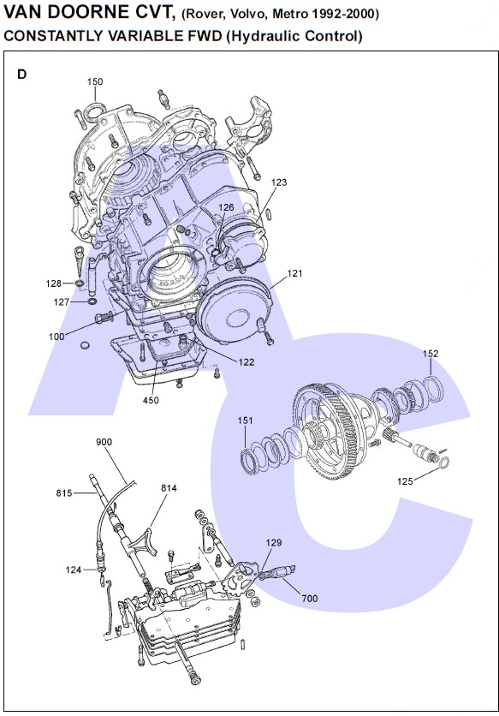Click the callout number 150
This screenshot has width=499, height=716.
(x=95, y=81)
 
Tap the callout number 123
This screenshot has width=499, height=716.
(x=279, y=182)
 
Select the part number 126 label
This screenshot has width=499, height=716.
(x=226, y=207)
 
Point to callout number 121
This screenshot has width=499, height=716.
(x=295, y=273)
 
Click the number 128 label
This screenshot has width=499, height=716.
(x=53, y=283)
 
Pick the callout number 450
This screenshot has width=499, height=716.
(x=151, y=401)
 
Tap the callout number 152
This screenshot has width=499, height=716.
(x=431, y=354)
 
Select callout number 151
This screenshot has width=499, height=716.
(x=245, y=421)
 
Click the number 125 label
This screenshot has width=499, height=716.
(x=405, y=481)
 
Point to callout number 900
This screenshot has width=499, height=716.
(x=104, y=442)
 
